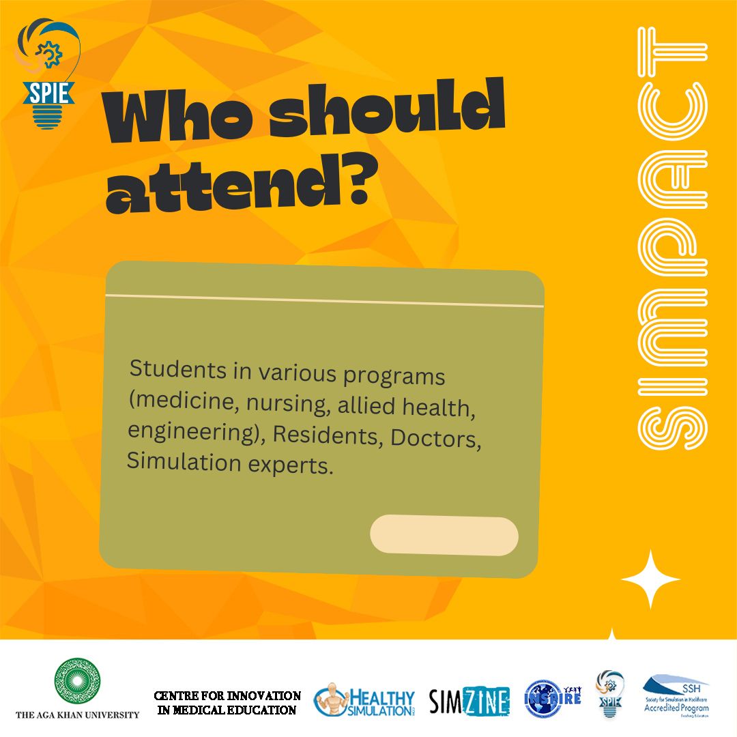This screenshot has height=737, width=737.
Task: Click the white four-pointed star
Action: click(x=650, y=579)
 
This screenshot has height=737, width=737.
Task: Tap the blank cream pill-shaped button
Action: click(x=444, y=536)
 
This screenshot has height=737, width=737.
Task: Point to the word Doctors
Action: click(x=436, y=439)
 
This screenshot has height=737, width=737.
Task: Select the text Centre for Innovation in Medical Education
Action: click(x=227, y=703)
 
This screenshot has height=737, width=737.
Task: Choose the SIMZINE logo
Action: click(x=469, y=702)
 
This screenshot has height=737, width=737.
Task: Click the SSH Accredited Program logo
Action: click(x=676, y=696)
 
